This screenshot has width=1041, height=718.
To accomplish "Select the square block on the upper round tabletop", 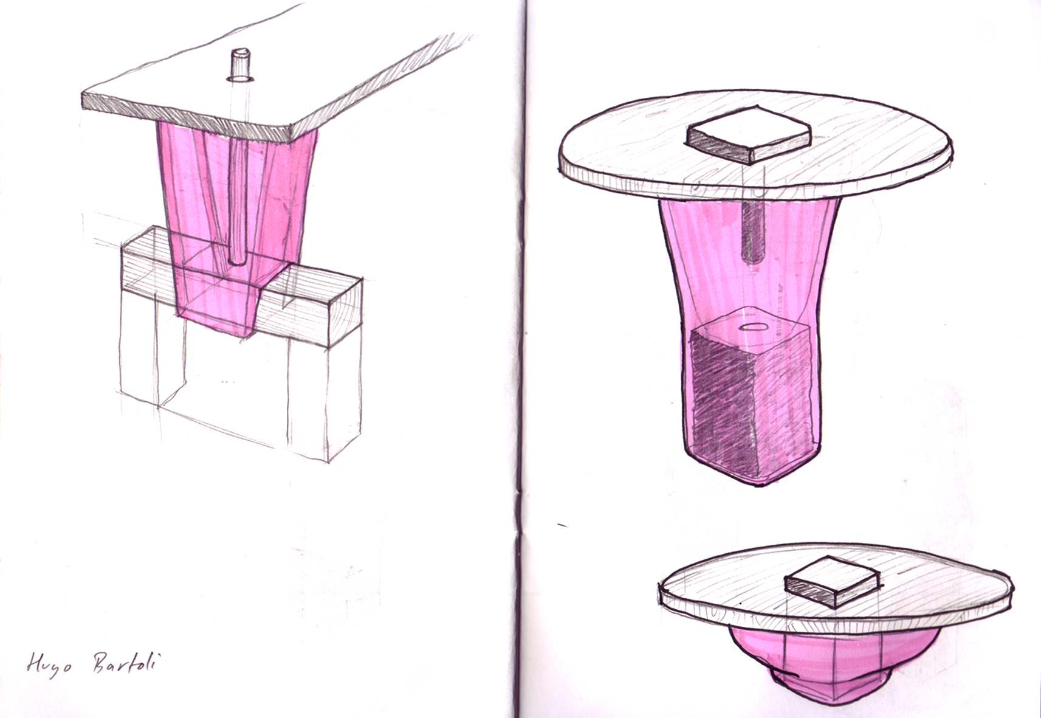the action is [749, 135].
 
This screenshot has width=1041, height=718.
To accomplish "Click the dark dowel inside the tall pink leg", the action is [753, 232].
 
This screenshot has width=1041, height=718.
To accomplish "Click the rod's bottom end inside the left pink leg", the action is [237, 262].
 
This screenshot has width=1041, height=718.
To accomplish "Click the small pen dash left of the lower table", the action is [563, 525].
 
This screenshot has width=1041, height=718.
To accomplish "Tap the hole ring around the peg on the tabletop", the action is [240, 80].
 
